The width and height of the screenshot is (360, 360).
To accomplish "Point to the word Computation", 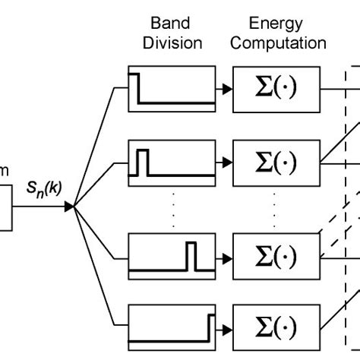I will coord(278,43).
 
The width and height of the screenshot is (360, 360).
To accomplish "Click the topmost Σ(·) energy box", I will coord(274,89).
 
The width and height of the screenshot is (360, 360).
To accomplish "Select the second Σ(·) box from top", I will coord(274,162).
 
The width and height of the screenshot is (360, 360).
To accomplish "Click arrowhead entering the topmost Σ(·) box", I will coord(227,90).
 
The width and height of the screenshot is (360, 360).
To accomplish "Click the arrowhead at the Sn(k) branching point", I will coord(70,207).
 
